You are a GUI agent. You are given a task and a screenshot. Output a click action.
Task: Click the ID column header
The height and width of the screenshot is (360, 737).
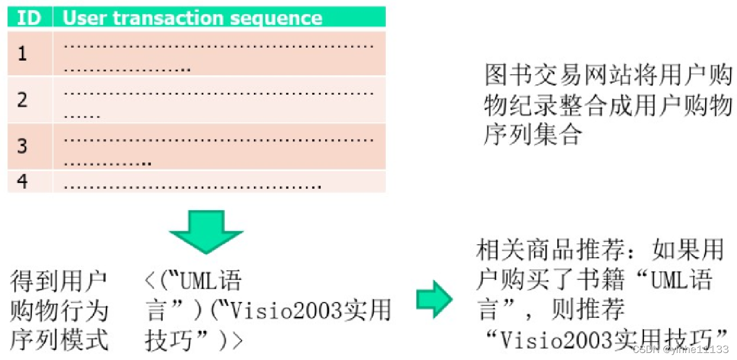click(29, 17)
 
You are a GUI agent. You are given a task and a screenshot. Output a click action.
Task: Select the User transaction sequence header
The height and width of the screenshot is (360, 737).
click(192, 17)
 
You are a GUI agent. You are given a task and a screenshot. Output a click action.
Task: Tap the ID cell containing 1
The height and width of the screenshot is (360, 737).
click(23, 54)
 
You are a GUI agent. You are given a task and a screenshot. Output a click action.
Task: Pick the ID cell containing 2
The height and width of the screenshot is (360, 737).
click(23, 100)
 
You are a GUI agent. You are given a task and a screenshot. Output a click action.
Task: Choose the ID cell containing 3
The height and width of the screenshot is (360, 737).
click(23, 146)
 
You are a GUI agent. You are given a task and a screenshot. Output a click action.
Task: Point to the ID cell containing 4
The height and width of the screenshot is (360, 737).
click(23, 181)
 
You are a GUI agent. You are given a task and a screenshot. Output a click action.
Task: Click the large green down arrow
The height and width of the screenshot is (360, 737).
click(206, 231)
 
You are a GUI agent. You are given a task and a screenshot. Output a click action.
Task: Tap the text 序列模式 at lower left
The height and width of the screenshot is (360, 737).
click(59, 339)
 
